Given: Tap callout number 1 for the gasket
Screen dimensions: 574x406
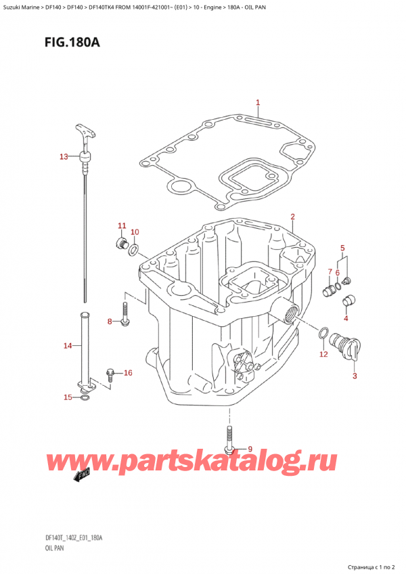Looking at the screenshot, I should coord(258,103).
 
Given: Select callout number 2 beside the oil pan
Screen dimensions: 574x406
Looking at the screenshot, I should coord(292,217).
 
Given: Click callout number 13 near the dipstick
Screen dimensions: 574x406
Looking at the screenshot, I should coord(64,157).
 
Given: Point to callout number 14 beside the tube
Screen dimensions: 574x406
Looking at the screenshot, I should coord(67,346).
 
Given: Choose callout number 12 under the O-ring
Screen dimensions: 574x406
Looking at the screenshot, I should coord(323,354).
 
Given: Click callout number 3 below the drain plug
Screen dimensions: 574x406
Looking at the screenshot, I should coord(354,376).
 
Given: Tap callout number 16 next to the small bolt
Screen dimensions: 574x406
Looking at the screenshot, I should coord(128,373).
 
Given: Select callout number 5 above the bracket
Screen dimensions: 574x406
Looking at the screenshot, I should coord(342,248).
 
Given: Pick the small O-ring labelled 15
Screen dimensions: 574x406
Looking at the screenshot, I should coord(83,397).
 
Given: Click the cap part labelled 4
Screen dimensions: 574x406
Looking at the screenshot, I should coord(351,301).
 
